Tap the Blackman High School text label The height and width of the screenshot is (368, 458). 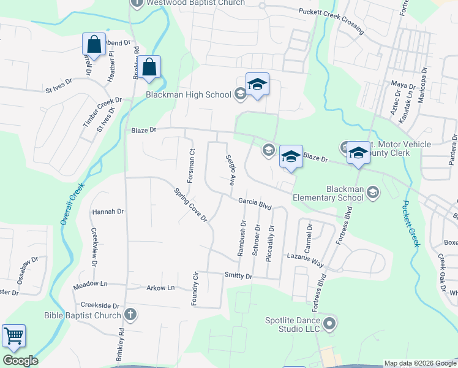[188, 94]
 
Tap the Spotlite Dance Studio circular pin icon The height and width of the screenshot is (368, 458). [330, 323]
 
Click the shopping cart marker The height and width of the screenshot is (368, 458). [13, 336]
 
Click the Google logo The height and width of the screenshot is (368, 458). [20, 361]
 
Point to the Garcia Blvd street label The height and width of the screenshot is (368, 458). [254, 204]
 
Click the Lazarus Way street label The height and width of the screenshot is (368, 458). [304, 259]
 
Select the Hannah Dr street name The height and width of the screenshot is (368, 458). [108, 212]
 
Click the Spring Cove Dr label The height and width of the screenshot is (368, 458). [191, 204]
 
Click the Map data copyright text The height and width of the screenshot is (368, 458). [419, 363]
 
